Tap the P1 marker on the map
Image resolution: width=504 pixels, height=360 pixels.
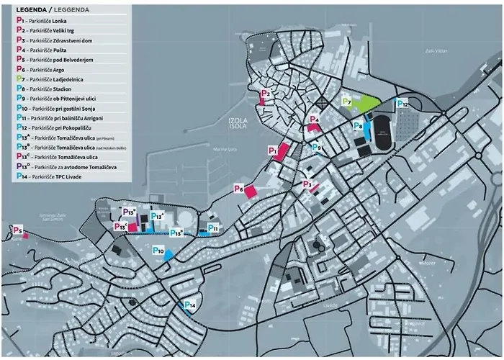coord(273,150)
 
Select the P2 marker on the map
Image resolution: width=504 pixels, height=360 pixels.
coord(265,94)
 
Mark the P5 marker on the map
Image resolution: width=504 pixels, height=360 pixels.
coord(18,230)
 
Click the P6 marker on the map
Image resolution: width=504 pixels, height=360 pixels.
coord(239,189)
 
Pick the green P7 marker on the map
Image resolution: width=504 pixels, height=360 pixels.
coord(346,102)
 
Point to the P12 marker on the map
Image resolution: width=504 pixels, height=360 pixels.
coord(402,104)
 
